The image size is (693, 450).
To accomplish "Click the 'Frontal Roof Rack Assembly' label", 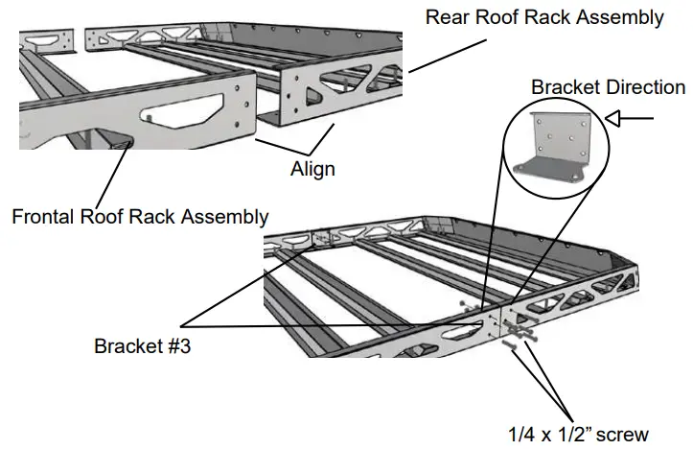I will (x=140, y=216).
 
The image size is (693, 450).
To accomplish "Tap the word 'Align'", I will (x=312, y=169).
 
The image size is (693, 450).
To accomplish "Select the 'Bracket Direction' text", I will (x=609, y=87).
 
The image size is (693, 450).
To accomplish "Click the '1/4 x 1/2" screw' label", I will (x=577, y=433).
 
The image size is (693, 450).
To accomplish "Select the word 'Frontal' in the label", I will (x=43, y=216).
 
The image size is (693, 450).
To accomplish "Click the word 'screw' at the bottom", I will (x=623, y=433).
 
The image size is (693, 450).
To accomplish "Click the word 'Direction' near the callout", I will (x=643, y=87).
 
